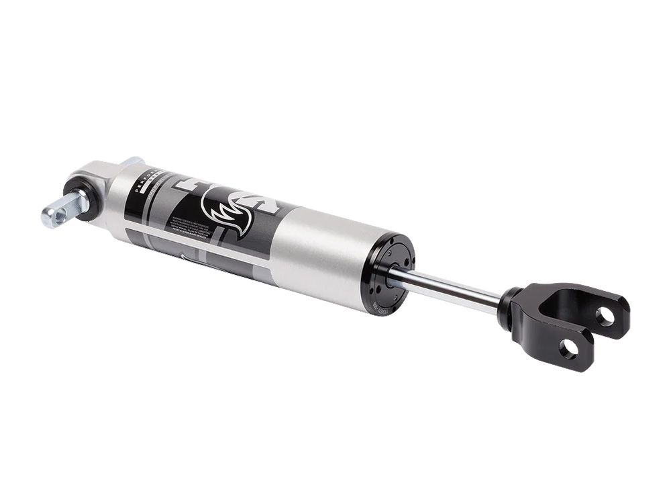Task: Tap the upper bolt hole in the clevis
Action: pyautogui.click(x=606, y=315)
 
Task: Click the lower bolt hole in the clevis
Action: pyautogui.click(x=569, y=349)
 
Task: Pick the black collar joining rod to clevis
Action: pyautogui.click(x=510, y=308)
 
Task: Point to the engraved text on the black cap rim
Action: pyautogui.click(x=380, y=306)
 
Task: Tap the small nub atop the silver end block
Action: pyautogui.click(x=132, y=161)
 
